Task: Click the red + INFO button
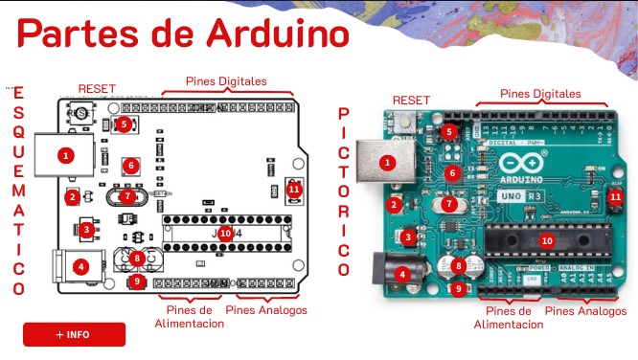click(x=74, y=334)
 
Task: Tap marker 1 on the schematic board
click(x=65, y=154)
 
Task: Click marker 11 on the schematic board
click(x=293, y=189)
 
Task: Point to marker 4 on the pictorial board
click(x=402, y=274)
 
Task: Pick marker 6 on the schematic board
click(x=130, y=166)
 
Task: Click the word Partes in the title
click(x=80, y=34)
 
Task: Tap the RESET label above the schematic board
click(x=97, y=89)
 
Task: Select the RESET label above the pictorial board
click(x=412, y=100)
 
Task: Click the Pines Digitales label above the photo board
click(x=541, y=94)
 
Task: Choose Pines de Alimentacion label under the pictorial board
click(x=508, y=317)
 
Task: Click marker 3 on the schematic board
click(x=87, y=229)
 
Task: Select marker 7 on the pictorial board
click(x=449, y=203)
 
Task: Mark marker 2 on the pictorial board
click(x=394, y=204)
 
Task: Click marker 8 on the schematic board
click(x=138, y=258)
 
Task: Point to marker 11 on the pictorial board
click(x=615, y=197)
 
